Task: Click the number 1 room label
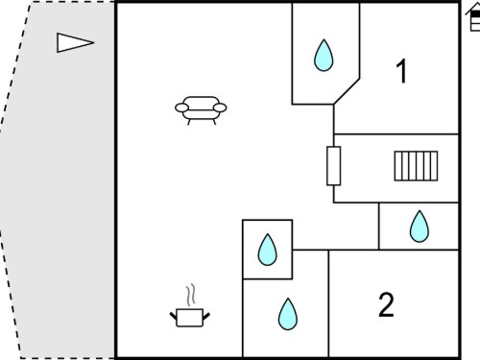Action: tap(401, 71)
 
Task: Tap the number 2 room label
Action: tap(386, 304)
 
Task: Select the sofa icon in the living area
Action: tap(201, 110)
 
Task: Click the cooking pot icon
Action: tap(190, 318)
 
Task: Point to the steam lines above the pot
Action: tap(190, 295)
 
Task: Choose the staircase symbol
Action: tap(416, 166)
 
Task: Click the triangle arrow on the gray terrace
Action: tap(76, 42)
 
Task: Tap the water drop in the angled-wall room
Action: tap(324, 56)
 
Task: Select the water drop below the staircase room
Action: tap(420, 227)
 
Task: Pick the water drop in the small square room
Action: tap(267, 250)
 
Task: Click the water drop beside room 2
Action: tap(288, 314)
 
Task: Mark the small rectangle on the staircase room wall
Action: tap(333, 166)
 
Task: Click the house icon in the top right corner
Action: tap(473, 17)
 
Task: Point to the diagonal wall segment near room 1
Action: tap(347, 91)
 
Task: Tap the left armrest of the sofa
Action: tap(181, 108)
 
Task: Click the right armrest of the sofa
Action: tap(220, 108)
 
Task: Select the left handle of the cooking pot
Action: tap(173, 316)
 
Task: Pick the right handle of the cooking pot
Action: tap(206, 316)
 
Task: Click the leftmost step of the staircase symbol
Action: tap(397, 166)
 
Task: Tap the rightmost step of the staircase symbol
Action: tap(434, 166)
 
